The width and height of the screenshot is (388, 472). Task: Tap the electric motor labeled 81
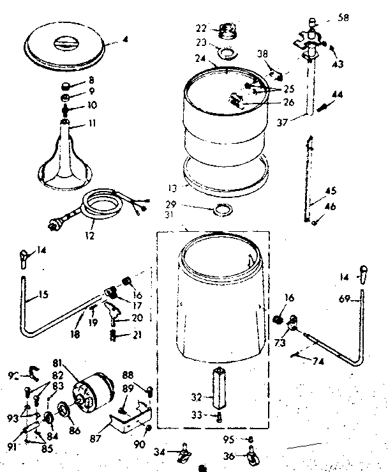[x=91, y=392]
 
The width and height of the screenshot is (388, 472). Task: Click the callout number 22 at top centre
[x=200, y=29]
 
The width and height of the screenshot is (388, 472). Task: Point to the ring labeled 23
[x=225, y=50]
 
